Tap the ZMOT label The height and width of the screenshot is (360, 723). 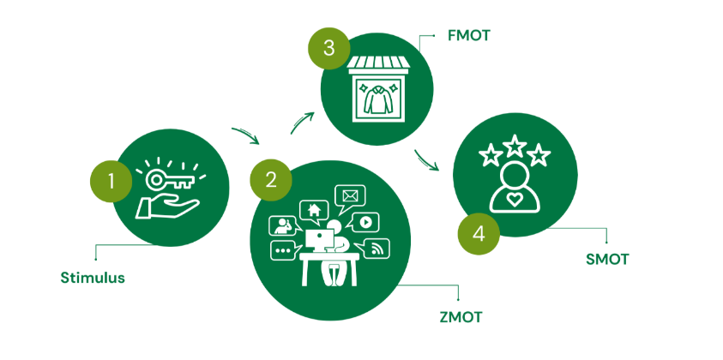[x=460, y=317]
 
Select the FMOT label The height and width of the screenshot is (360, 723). [x=469, y=36]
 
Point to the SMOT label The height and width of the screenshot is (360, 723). [x=606, y=259]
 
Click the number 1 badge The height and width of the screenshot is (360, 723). [x=110, y=180]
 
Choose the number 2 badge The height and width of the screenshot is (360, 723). [x=271, y=179]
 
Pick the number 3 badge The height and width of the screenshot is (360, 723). [x=328, y=49]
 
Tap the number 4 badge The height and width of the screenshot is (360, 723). [x=479, y=234]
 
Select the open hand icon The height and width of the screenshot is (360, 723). [x=168, y=206]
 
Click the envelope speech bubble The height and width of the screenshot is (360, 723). [x=350, y=196]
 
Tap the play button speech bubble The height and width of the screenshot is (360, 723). [x=365, y=221]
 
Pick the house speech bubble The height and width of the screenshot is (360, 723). [x=314, y=208]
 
